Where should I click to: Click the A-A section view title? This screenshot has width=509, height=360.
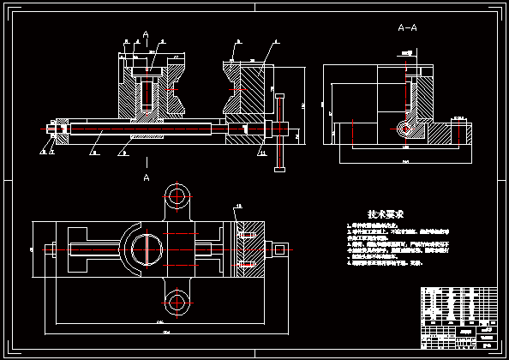(x=409, y=27)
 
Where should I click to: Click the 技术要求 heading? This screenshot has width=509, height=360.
(x=385, y=213)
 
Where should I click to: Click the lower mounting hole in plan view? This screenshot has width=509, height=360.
(x=178, y=300)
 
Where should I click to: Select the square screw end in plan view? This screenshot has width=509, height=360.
(x=279, y=251)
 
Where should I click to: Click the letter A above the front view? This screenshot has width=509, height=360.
(x=147, y=34)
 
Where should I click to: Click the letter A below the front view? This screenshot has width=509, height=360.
(x=147, y=177)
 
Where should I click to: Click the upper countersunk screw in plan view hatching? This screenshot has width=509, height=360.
(x=248, y=232)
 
